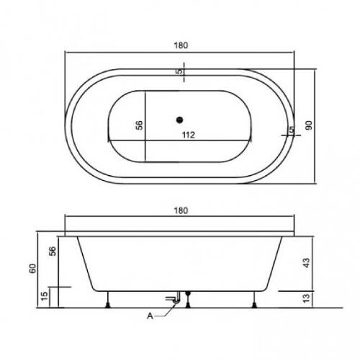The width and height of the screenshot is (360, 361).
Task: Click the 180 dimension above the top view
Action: pyautogui.click(x=181, y=45)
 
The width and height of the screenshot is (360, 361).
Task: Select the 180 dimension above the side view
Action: pyautogui.click(x=181, y=210)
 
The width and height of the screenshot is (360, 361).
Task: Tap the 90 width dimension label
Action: pyautogui.click(x=309, y=125)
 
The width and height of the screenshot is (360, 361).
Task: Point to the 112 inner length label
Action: pyautogui.click(x=189, y=135)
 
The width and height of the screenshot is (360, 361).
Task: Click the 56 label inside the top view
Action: pyautogui.click(x=139, y=125)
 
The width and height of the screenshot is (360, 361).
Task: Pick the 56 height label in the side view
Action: pyautogui.click(x=53, y=251)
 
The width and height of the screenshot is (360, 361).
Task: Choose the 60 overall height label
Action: pyautogui.click(x=32, y=268)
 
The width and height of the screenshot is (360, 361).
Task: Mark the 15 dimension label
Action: pyautogui.click(x=45, y=296)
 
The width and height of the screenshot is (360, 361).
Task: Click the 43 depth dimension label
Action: pyautogui.click(x=307, y=263)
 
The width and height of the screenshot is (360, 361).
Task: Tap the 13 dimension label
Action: pyautogui.click(x=307, y=298)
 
